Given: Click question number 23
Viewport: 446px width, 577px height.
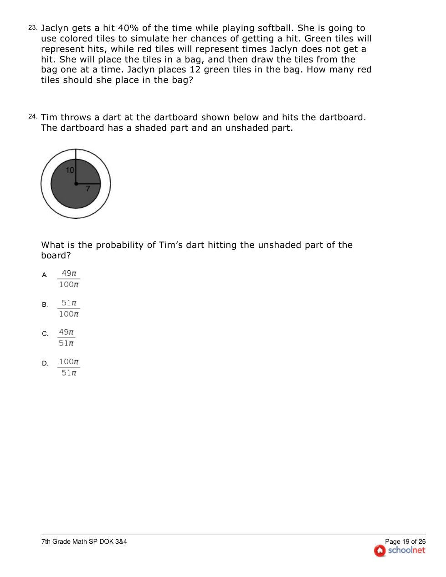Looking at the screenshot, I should tap(32, 28).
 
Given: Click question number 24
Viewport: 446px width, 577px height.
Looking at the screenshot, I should tap(32, 117).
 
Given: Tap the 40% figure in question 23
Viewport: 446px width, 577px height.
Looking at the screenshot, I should tap(128, 28).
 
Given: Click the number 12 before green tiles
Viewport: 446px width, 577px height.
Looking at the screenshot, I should tap(195, 70).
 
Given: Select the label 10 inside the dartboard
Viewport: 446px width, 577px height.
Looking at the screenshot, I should tap(70, 170).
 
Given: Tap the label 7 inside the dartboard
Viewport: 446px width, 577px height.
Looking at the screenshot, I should tap(88, 189).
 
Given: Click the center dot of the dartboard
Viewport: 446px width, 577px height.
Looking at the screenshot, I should tap(76, 184).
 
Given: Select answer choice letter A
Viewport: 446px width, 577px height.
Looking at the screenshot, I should tap(45, 275).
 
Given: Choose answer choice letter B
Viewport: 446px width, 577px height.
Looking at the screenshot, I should tap(45, 305).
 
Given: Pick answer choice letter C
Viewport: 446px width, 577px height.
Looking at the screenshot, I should tap(45, 334).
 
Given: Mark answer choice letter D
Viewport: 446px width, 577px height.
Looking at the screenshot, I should tap(45, 364).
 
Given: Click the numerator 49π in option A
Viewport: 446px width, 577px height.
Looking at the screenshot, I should tap(69, 273).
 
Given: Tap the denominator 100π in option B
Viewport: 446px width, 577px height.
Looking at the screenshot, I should tap(69, 314).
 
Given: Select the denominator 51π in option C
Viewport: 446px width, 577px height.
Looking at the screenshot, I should tap(66, 343).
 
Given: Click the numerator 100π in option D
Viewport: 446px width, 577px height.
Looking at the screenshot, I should tap(69, 362).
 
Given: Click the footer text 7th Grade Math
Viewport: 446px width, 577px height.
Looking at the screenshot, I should tap(64, 541).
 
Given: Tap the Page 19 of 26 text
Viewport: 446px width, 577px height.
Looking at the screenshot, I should tap(405, 541).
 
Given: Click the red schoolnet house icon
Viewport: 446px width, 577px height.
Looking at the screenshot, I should tap(379, 551).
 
